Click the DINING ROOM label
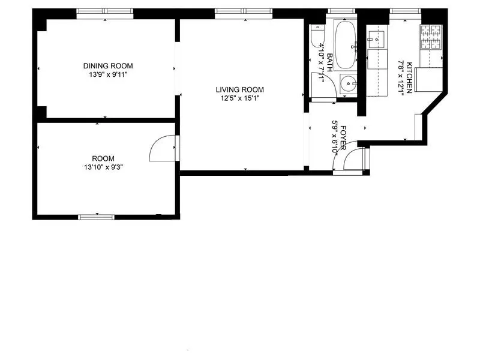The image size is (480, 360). click(x=108, y=66)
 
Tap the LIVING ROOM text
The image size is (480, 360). click(x=240, y=90)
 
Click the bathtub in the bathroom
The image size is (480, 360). click(x=345, y=46)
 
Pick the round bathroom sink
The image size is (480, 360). click(x=347, y=83)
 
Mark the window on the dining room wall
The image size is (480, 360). click(x=105, y=12)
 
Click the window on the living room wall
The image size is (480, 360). click(x=243, y=12)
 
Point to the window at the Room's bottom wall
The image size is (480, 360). click(x=97, y=216)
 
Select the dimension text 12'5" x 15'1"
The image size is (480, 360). click(x=240, y=99)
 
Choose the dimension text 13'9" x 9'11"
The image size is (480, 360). click(x=108, y=74)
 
